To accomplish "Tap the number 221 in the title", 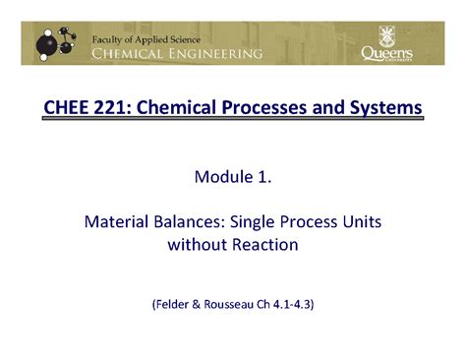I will [x=111, y=106].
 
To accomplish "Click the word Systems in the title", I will [x=386, y=106].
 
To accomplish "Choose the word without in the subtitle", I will [x=196, y=245].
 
